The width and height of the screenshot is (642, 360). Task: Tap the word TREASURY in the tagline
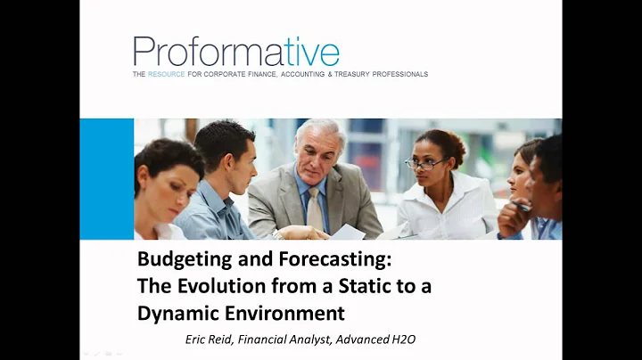pyautogui.click(x=338, y=74)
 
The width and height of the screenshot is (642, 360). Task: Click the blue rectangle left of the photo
pyautogui.click(x=106, y=178)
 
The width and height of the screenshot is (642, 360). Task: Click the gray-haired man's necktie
pyautogui.click(x=315, y=209)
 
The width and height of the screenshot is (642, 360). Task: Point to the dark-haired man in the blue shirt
pyautogui.click(x=223, y=192)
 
